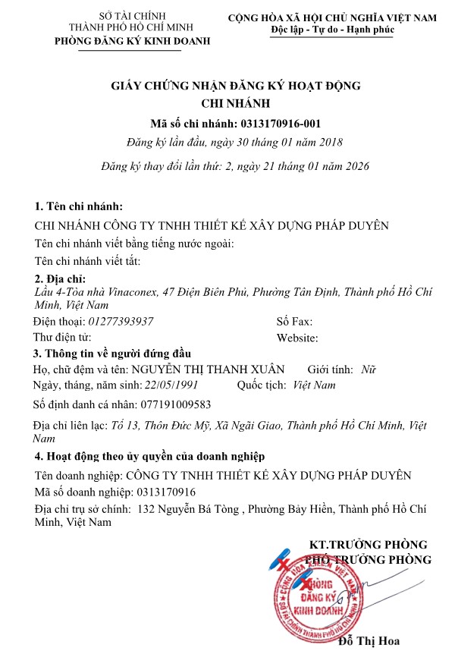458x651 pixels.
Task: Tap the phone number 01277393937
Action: (x=121, y=322)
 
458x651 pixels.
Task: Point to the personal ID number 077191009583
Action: (x=176, y=404)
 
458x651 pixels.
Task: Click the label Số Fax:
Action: (x=295, y=322)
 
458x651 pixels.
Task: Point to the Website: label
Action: (x=297, y=338)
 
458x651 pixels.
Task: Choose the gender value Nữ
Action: (x=369, y=370)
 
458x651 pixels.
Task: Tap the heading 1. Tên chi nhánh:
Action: (x=79, y=207)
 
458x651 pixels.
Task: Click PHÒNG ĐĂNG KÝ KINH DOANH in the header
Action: (x=133, y=41)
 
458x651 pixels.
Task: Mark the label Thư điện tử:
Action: (x=62, y=337)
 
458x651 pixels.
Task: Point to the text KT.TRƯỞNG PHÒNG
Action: (x=369, y=545)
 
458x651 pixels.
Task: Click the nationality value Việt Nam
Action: (x=314, y=385)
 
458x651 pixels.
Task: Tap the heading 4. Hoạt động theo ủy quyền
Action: (x=149, y=457)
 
